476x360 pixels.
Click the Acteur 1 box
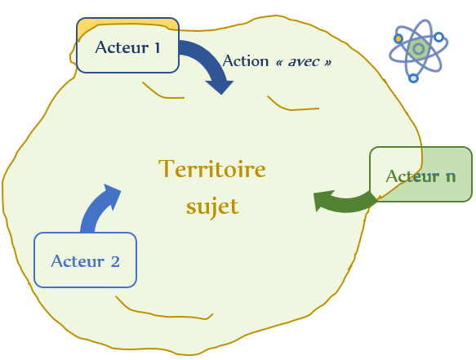pyautogui.click(x=127, y=45)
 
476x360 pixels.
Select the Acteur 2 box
pyautogui.click(x=85, y=260)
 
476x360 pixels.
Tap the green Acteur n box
pyautogui.click(x=420, y=174)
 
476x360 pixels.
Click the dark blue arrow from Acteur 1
pyautogui.click(x=210, y=60)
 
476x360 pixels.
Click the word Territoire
pyautogui.click(x=212, y=169)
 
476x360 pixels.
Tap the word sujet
pyautogui.click(x=212, y=207)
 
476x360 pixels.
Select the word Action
pyautogui.click(x=246, y=61)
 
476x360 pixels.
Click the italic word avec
pyautogui.click(x=304, y=62)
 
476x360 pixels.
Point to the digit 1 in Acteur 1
pyautogui.click(x=157, y=48)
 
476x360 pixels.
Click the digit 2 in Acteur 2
pyautogui.click(x=115, y=262)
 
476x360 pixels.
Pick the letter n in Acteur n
pyautogui.click(x=451, y=176)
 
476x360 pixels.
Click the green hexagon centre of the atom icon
pyautogui.click(x=418, y=48)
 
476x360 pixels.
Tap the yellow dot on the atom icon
pyautogui.click(x=398, y=39)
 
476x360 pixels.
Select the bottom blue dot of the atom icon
pyautogui.click(x=413, y=78)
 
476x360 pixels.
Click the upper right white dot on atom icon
pyautogui.click(x=438, y=38)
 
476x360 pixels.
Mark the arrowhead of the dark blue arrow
pyautogui.click(x=220, y=87)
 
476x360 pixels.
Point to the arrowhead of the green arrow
pyautogui.click(x=323, y=200)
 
